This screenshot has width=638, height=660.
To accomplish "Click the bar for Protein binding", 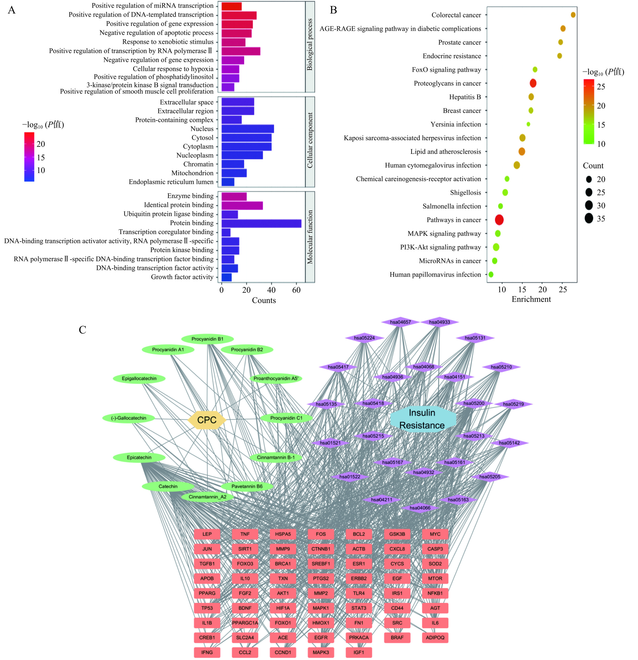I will coord(261,223).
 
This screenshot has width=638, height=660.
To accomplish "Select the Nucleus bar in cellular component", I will coord(247,129).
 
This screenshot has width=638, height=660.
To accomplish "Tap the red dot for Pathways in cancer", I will coord(499,220).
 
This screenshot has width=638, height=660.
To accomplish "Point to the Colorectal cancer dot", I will coord(573,15).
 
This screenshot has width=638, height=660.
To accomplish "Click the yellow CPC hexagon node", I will coord(207,420).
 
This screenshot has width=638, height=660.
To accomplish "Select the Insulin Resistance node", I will coord(422,419).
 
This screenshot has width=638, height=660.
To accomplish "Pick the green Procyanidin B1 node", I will coord(207,339).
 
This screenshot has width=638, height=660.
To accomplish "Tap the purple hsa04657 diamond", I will coord(400,322).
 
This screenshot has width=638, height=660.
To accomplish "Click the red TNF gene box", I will coord(245,534).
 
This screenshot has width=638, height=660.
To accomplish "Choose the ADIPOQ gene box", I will coord(435,637).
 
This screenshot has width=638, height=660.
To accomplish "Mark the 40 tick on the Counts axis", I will coord(271,290).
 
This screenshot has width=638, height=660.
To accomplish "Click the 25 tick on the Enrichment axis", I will coord(563,289).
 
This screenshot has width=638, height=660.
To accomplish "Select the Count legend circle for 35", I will coord(589,219).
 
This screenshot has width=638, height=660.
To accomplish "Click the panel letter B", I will coord(333,10).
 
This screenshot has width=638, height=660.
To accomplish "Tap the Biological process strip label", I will coord(310,45).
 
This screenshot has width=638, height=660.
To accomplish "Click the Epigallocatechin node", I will coord(139,378).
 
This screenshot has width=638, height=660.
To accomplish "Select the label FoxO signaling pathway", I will coord(446,70).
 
